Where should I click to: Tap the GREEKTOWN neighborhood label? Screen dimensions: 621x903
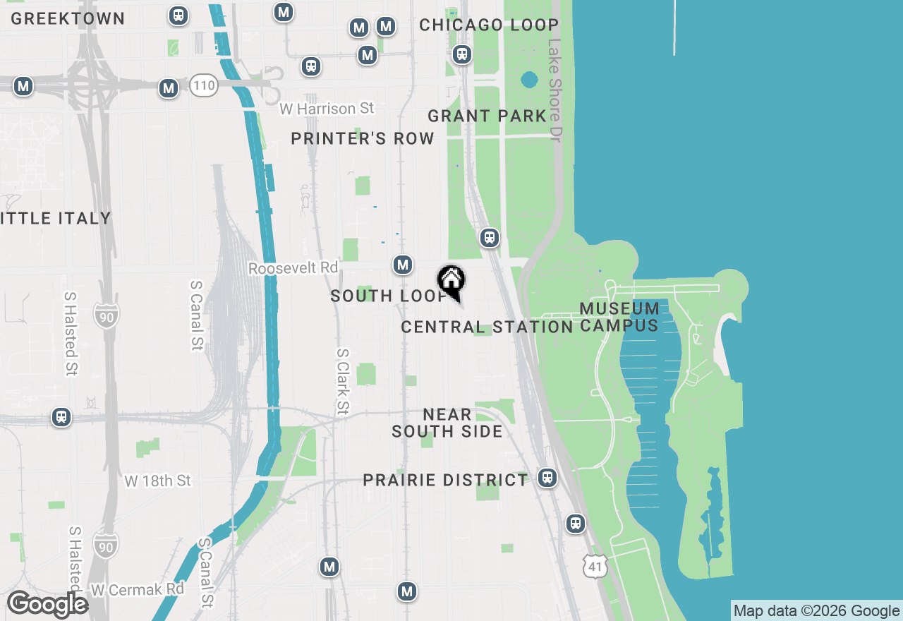(x=68, y=19)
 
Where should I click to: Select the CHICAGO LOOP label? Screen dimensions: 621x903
(x=489, y=25)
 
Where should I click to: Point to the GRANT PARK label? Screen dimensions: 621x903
(x=487, y=116)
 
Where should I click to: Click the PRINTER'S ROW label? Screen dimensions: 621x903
(x=363, y=139)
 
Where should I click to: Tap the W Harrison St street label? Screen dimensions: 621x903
(x=327, y=109)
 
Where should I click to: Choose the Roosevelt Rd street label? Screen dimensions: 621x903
(x=293, y=269)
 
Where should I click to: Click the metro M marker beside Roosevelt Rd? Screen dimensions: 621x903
(x=403, y=265)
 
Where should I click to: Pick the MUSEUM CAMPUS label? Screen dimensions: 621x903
(x=620, y=317)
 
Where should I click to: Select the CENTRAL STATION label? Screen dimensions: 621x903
(x=487, y=327)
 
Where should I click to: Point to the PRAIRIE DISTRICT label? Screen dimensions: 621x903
(x=445, y=481)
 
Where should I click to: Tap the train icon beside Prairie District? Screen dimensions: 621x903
(x=547, y=478)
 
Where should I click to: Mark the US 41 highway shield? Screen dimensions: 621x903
(x=595, y=565)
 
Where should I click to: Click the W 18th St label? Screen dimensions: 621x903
(x=158, y=481)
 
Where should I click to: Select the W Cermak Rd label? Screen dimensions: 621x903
(x=138, y=589)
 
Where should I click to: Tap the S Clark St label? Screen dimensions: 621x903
(x=343, y=382)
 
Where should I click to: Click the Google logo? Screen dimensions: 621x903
(x=47, y=604)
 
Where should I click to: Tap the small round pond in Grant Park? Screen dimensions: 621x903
(x=528, y=80)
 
